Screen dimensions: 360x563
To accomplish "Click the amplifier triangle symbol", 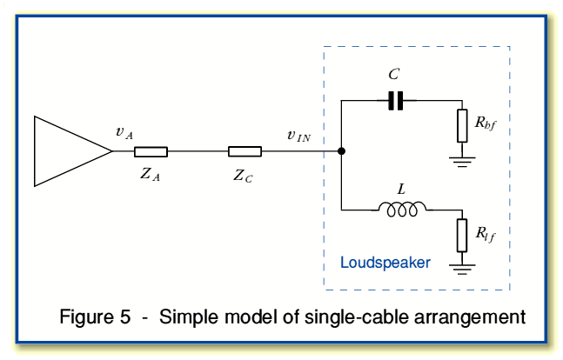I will click(70, 150).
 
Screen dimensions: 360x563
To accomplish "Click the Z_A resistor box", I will click(151, 151).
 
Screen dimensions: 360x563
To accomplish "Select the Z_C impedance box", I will click(245, 151).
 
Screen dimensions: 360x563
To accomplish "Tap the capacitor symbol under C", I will click(396, 101).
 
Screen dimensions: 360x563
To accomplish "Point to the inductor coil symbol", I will click(402, 209).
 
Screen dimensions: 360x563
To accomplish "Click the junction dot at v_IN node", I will click(341, 151).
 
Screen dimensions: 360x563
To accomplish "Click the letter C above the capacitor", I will click(394, 77).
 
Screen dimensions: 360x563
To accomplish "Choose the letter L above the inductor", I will click(401, 187).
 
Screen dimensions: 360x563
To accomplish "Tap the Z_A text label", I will click(151, 174).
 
